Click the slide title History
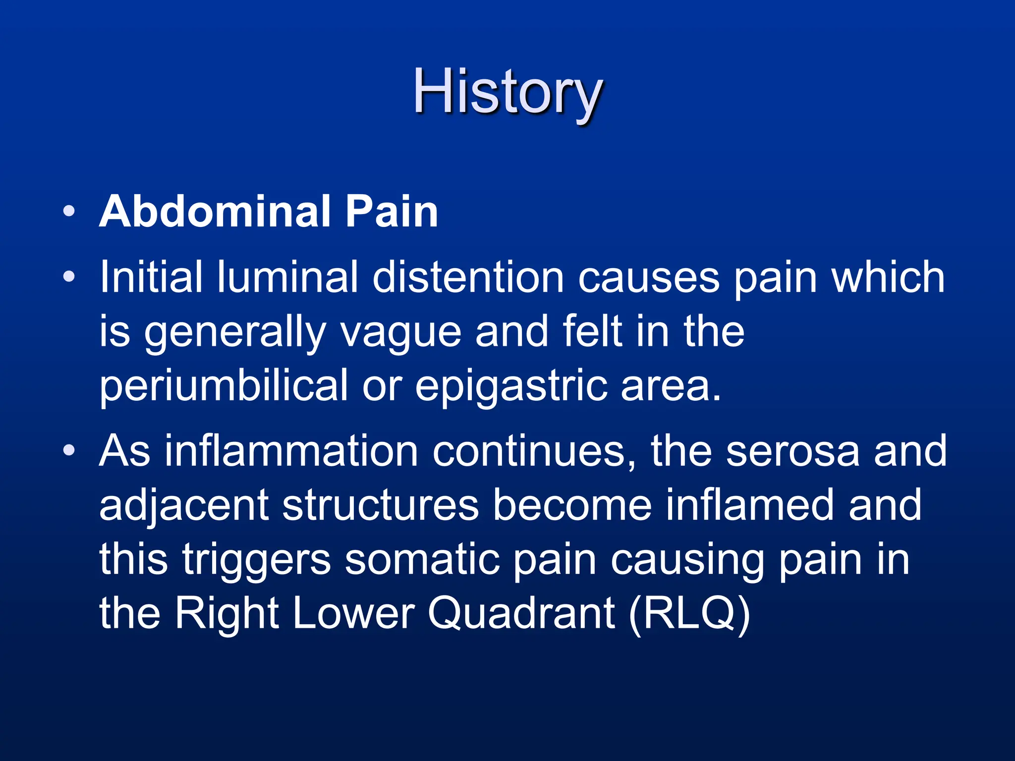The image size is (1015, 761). click(507, 93)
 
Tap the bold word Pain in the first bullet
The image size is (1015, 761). click(392, 212)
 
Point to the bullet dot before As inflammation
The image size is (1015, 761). click(69, 450)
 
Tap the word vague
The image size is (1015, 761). click(400, 333)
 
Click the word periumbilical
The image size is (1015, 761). click(224, 386)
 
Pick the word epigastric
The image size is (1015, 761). click(511, 386)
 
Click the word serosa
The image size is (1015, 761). click(792, 451)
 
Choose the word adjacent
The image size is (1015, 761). click(184, 505)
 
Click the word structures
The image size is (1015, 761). click(380, 505)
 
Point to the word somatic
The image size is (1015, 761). click(422, 560)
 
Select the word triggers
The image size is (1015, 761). click(257, 560)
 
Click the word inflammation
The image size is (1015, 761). click(291, 451)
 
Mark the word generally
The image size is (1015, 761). click(234, 333)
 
